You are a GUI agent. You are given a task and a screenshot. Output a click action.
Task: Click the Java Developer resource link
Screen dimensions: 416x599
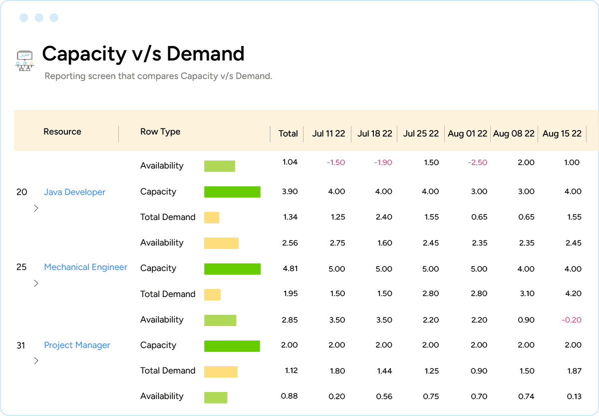pos(74,192)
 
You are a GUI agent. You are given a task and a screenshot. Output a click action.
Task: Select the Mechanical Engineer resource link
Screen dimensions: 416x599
pos(85,267)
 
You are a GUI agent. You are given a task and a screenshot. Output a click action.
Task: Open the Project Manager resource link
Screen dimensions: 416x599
pos(77,345)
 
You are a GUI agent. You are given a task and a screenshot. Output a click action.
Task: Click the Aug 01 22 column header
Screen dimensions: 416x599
pos(467,133)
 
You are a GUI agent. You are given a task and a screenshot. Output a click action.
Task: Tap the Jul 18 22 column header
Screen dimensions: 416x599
pos(375,133)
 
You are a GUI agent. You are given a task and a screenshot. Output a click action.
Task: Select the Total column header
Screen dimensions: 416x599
pos(288,133)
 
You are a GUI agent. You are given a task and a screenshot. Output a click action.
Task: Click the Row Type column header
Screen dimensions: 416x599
pos(160,131)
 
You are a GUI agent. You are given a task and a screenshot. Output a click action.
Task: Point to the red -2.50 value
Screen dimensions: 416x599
pos(477,162)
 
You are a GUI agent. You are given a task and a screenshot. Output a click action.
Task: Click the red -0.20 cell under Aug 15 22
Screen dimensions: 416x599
pos(572,320)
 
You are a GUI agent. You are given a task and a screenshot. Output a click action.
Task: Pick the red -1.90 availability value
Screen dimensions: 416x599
pos(383,162)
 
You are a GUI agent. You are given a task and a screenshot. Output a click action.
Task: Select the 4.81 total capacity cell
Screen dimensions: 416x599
pos(290,268)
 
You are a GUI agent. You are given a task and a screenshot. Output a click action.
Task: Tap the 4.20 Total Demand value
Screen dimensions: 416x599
pos(573,293)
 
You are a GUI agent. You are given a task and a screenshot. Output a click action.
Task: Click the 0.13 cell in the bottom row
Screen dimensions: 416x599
pos(574,396)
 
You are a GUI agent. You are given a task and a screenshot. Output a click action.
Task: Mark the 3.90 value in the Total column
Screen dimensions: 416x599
pos(290,191)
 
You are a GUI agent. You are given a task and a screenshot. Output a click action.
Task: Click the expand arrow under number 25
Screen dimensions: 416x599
pos(36,283)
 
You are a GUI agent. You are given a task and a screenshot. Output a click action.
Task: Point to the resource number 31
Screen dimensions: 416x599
pos(21,345)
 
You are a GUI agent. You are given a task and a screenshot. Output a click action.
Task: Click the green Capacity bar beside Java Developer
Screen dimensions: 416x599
pos(232,192)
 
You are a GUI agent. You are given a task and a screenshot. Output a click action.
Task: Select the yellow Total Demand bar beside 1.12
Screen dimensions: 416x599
pos(221,371)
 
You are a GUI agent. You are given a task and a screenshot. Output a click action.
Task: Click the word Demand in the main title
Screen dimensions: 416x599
pos(206,53)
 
